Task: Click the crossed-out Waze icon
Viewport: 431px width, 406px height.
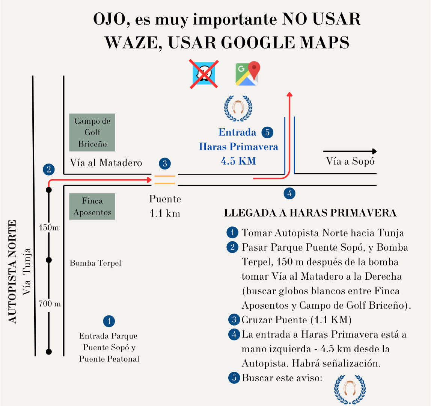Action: coord(204,74)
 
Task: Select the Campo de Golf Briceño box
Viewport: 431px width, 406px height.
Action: coord(92,132)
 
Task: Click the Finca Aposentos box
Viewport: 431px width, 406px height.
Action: coord(92,206)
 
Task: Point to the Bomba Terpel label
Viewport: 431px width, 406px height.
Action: coord(95,263)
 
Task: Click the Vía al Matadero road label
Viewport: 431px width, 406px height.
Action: coord(106,163)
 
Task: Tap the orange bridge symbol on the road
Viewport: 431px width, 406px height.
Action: coord(165,180)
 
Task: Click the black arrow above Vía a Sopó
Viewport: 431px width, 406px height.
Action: coord(350,151)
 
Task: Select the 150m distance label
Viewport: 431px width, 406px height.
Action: coord(49,228)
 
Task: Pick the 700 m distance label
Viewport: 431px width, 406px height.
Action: coord(50,304)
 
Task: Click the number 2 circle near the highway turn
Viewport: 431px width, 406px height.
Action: coord(49,169)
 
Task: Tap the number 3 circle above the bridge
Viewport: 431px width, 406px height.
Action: coord(165,164)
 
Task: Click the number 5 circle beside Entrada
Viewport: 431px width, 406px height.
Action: coord(267,132)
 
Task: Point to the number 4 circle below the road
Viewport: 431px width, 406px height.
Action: coord(289,193)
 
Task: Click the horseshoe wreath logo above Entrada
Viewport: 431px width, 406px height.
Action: coord(238,108)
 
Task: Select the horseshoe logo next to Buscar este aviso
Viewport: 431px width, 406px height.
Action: coord(350,389)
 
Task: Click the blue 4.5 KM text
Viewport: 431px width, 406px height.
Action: coord(238,161)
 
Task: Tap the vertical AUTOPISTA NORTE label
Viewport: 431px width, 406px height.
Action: coord(12,271)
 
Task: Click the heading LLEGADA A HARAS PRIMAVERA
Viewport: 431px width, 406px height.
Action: coord(310,213)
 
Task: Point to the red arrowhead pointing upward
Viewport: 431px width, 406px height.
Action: coord(289,94)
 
